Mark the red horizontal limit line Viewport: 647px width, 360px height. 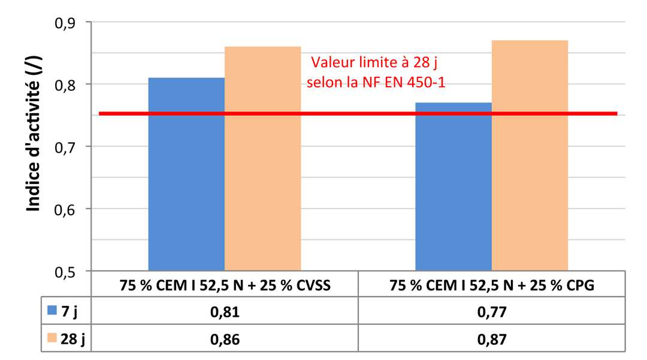tap(359, 113)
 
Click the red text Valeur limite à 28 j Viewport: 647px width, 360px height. tap(379, 62)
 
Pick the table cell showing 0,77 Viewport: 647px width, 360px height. tap(491, 311)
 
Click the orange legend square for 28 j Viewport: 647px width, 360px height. tap(52, 338)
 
